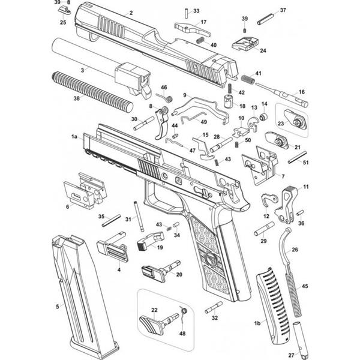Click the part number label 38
[x=76, y=98]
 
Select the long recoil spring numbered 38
[x=92, y=92]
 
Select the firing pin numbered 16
[x=282, y=95]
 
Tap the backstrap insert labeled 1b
[x=273, y=306]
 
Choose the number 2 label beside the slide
[x=131, y=13]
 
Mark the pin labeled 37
[x=265, y=19]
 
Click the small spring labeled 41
[x=248, y=79]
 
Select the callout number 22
[x=154, y=310]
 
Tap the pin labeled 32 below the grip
[x=214, y=307]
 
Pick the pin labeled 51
[x=298, y=157]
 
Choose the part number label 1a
[x=74, y=137]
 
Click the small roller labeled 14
[x=263, y=116]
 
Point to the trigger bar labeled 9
[x=200, y=110]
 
